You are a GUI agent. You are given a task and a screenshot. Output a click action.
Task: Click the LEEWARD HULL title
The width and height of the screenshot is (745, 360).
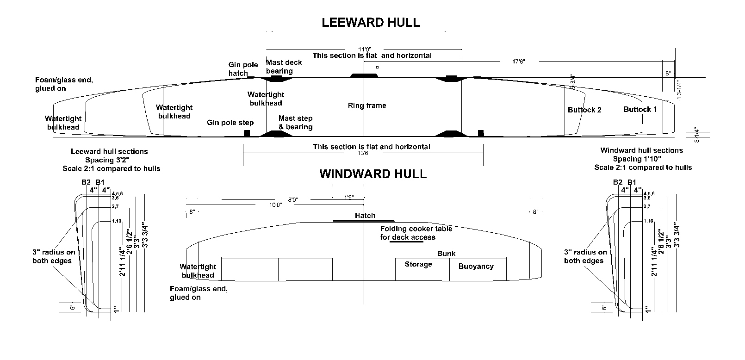coord(371,23)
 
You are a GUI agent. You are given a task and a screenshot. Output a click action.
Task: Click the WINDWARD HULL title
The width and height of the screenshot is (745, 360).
coord(373,174)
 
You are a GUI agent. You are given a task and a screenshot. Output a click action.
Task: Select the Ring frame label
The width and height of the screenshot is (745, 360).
coord(367,106)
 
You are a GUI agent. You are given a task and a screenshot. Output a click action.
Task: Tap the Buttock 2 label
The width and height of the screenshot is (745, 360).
coord(584,110)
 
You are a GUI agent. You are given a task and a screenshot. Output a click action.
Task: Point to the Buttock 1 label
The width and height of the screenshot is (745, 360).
coord(640,109)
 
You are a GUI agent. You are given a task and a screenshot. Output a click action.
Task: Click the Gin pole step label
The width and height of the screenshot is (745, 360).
coord(230,123)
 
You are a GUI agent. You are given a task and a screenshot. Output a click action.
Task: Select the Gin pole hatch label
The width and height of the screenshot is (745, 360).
coord(238,69)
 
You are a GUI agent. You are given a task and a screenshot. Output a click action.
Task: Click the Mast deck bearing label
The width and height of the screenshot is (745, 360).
coord(284,67)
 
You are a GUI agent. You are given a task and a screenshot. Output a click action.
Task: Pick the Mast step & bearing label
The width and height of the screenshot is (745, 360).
coord(295,123)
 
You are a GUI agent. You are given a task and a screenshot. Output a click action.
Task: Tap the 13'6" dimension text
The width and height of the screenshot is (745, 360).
coord(364,154)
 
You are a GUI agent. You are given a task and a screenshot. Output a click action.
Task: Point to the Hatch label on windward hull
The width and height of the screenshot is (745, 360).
coord(365,216)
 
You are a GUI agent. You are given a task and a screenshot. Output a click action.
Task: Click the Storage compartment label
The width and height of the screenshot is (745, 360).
coord(418,264)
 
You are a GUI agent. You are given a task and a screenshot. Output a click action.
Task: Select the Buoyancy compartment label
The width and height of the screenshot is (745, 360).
coord(476,266)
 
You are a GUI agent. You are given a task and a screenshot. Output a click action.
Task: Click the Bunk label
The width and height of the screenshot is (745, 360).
coord(446,254)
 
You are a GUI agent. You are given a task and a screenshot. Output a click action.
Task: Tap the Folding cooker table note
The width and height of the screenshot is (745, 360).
coord(416,233)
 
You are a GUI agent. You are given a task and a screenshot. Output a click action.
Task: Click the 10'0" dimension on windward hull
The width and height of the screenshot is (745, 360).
coord(275,205)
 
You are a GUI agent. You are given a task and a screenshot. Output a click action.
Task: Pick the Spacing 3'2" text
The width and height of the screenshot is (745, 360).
coord(112,160)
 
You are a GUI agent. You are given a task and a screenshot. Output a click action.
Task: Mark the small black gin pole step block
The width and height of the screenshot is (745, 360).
coord(247,133)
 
